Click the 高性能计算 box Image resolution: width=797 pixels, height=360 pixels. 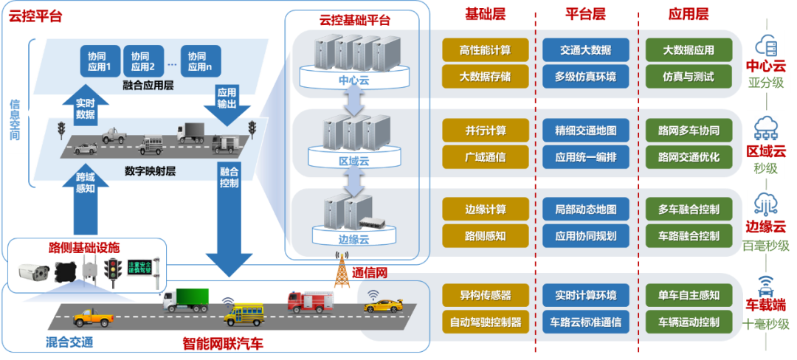point(486,50)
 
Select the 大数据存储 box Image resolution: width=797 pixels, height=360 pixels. point(486,76)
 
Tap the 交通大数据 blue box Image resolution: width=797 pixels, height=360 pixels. point(585,50)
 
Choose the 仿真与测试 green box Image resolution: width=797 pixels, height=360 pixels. point(688,76)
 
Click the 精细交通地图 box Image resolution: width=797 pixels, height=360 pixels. point(585,131)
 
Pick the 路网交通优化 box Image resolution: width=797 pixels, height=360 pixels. point(688,156)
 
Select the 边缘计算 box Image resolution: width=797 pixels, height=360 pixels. point(486,210)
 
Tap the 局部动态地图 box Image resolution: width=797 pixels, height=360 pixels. point(585,210)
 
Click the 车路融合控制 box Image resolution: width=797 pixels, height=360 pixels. point(688,236)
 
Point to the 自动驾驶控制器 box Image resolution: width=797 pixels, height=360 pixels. point(486,322)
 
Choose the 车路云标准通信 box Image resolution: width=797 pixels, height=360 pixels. point(585,322)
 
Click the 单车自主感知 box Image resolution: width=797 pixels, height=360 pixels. point(688,295)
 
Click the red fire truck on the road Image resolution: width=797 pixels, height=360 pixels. point(309,300)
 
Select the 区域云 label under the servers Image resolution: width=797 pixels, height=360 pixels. point(353,159)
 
